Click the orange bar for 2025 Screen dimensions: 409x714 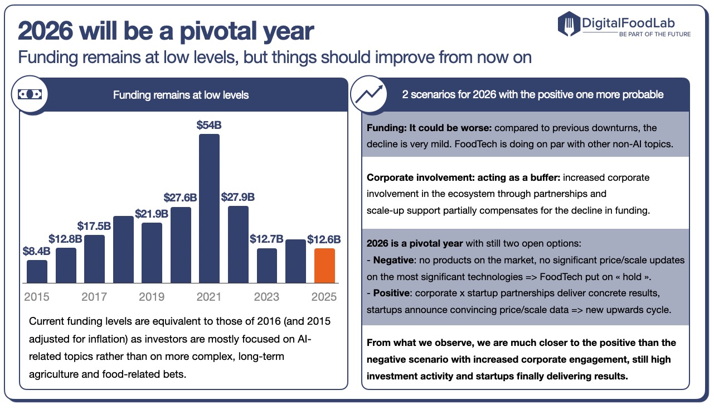324,266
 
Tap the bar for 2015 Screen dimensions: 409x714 37,271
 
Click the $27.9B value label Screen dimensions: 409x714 238,197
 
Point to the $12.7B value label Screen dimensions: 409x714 267,239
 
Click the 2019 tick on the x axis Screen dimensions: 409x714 152,296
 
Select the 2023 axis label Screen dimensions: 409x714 267,296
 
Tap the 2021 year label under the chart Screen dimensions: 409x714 209,296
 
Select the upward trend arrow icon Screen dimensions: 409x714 369,94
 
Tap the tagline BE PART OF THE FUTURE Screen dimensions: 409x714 654,34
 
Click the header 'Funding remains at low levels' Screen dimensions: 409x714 181,95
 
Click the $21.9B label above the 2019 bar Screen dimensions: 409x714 152,214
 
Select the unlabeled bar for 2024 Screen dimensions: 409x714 295,261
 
